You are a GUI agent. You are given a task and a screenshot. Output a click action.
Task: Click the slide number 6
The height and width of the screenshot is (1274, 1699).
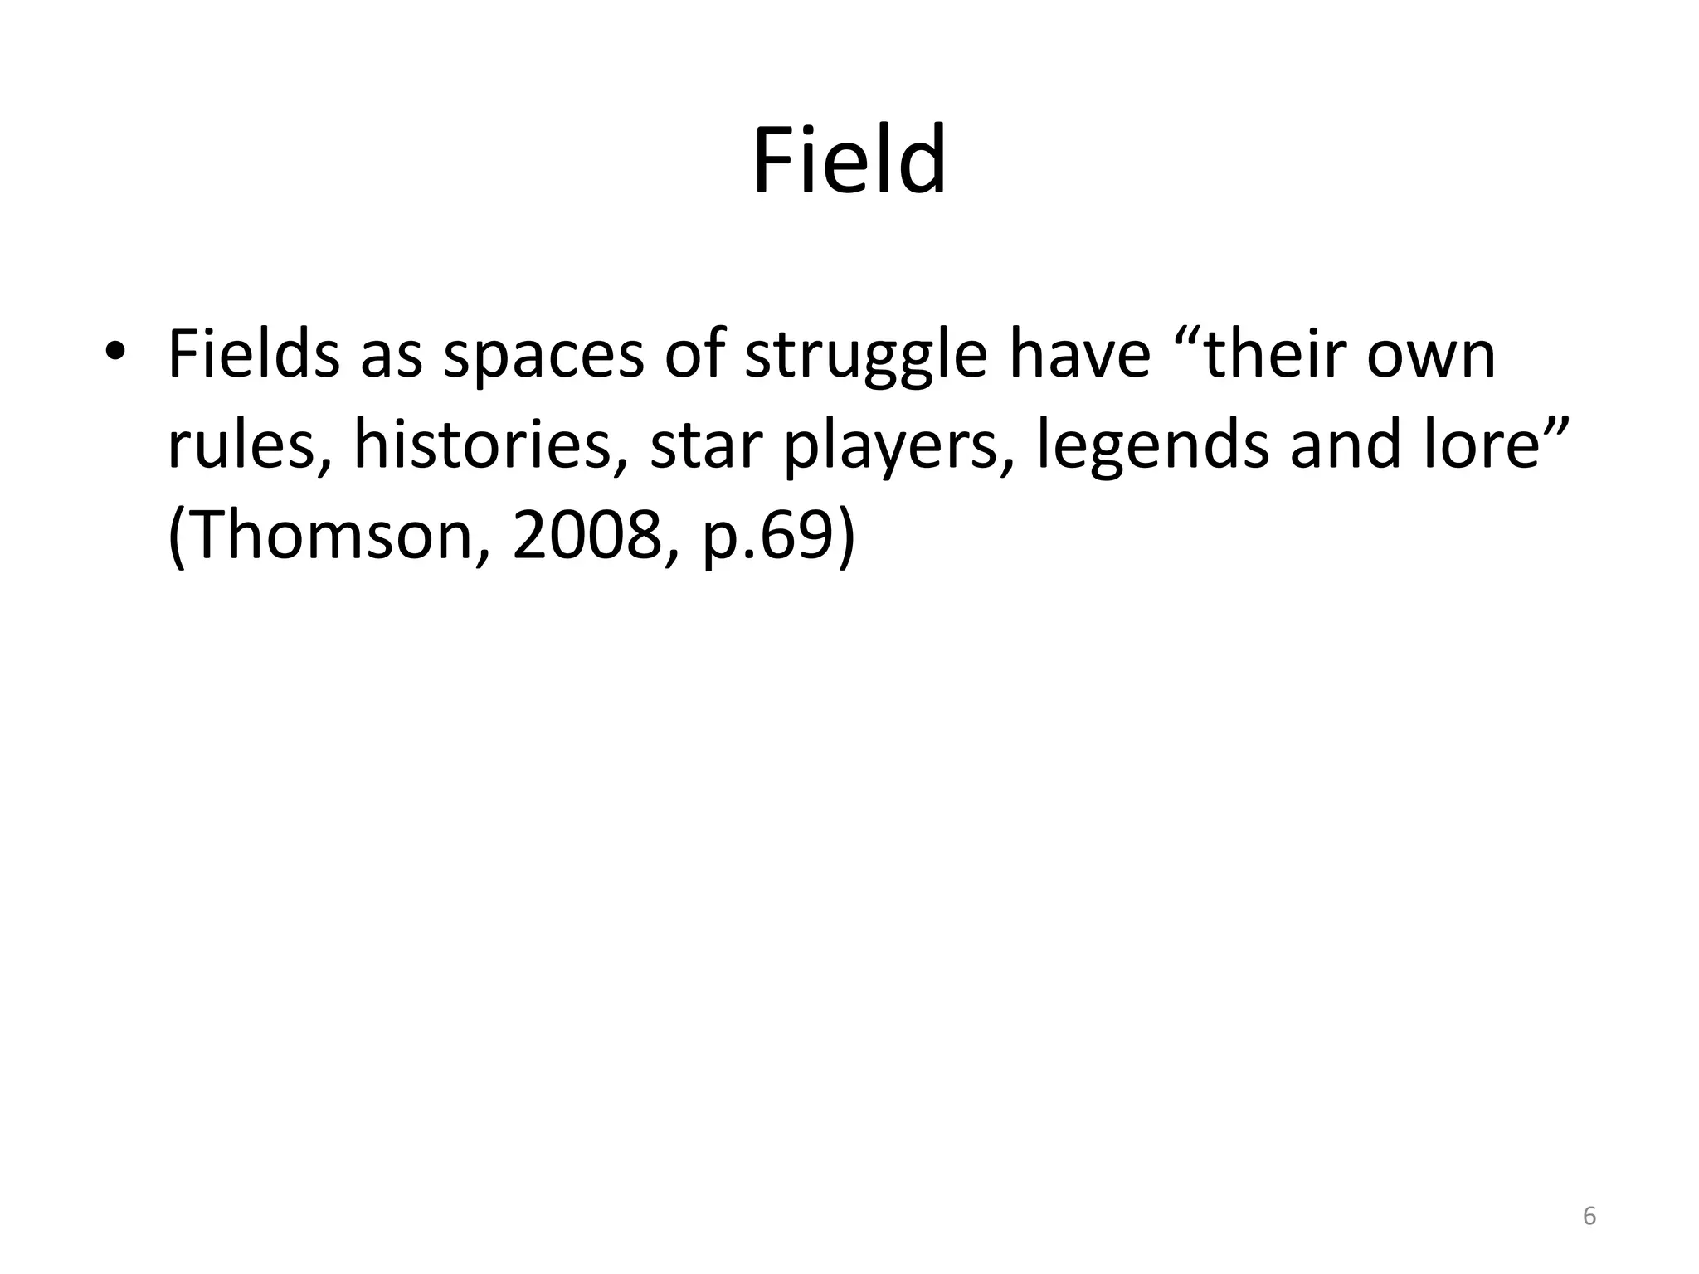point(1589,1217)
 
